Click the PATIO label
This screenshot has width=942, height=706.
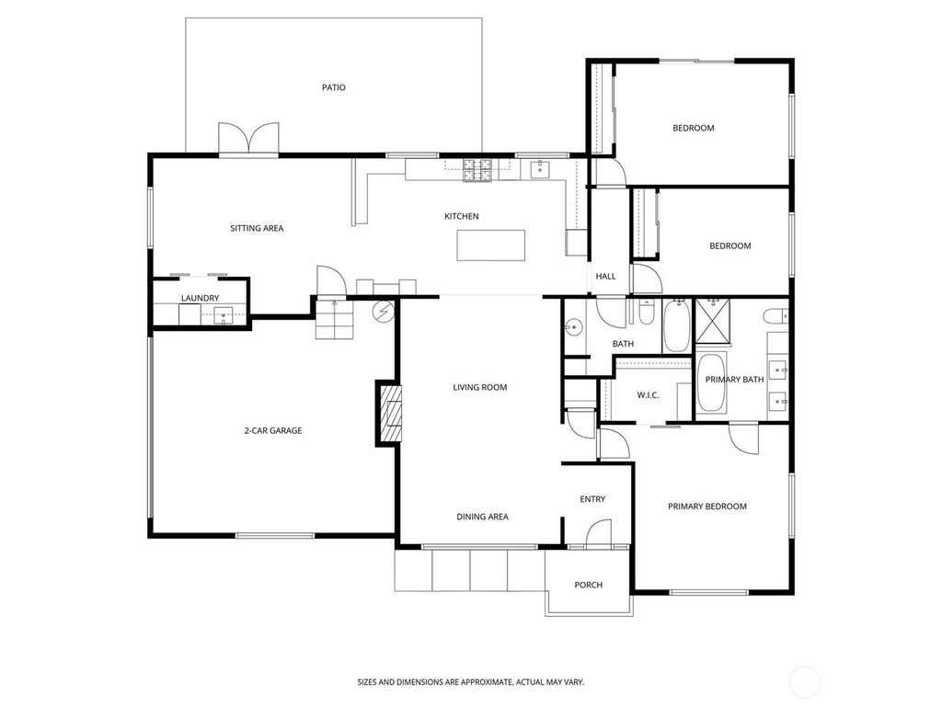[x=333, y=87]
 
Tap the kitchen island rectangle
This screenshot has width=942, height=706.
[x=491, y=245]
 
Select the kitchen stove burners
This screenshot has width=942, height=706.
[x=477, y=170]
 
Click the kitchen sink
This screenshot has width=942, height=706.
[x=540, y=169]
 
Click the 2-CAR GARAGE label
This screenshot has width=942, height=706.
[x=272, y=430]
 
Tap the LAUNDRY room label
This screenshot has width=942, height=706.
[x=200, y=298]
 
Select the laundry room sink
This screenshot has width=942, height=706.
[x=224, y=315]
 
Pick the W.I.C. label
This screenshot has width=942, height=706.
[x=648, y=395]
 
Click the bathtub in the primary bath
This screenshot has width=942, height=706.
[x=712, y=383]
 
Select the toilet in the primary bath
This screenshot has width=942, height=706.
[x=775, y=315]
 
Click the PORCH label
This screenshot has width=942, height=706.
[x=588, y=585]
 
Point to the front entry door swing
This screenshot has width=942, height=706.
[x=598, y=533]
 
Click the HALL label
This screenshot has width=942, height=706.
[x=605, y=276]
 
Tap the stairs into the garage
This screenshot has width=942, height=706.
[x=333, y=319]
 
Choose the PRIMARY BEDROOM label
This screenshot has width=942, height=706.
[x=707, y=507]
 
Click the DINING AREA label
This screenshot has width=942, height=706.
[x=482, y=517]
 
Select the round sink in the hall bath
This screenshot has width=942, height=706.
[x=574, y=328]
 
